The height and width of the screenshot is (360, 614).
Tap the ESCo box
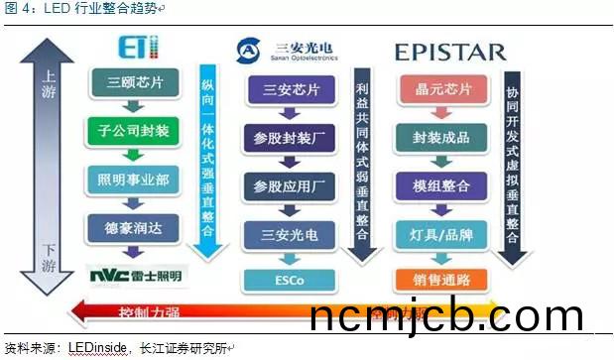pyautogui.click(x=292, y=280)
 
